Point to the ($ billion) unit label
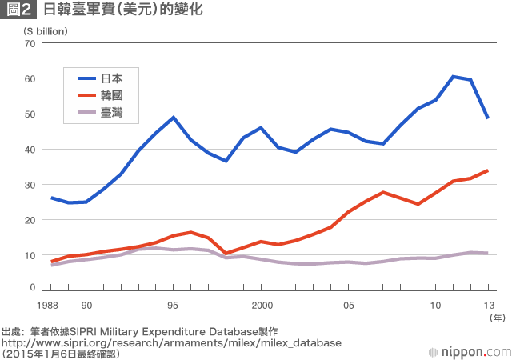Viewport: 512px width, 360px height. pyautogui.click(x=46, y=30)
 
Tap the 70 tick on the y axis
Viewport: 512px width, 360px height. pyautogui.click(x=30, y=43)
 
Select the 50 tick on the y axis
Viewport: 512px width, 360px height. pyautogui.click(x=30, y=114)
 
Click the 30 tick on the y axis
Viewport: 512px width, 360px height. pyautogui.click(x=30, y=185)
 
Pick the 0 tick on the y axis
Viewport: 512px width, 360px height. pyautogui.click(x=32, y=286)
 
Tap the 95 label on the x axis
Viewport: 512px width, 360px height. pyautogui.click(x=173, y=305)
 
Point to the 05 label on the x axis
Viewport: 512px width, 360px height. pyautogui.click(x=349, y=305)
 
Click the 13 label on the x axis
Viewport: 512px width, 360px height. pyautogui.click(x=489, y=305)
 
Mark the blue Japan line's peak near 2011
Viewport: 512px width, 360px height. pyautogui.click(x=453, y=77)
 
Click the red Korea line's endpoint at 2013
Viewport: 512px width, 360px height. pyautogui.click(x=487, y=170)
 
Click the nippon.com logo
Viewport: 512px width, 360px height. pyautogui.click(x=469, y=350)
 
